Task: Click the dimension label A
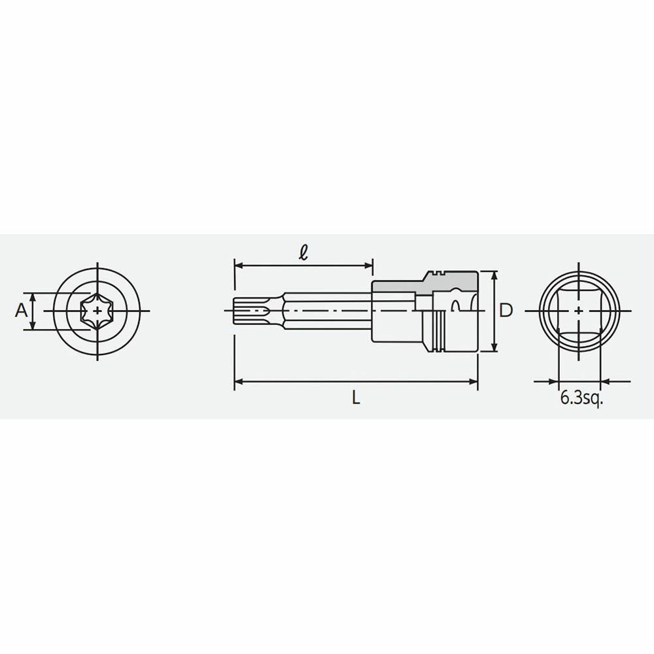21,310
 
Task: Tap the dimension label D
506,310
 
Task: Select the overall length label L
355,398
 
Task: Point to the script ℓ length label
304,252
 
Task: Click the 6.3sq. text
582,399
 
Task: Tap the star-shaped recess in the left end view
97,311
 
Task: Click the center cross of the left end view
97,311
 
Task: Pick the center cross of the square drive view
579,311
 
